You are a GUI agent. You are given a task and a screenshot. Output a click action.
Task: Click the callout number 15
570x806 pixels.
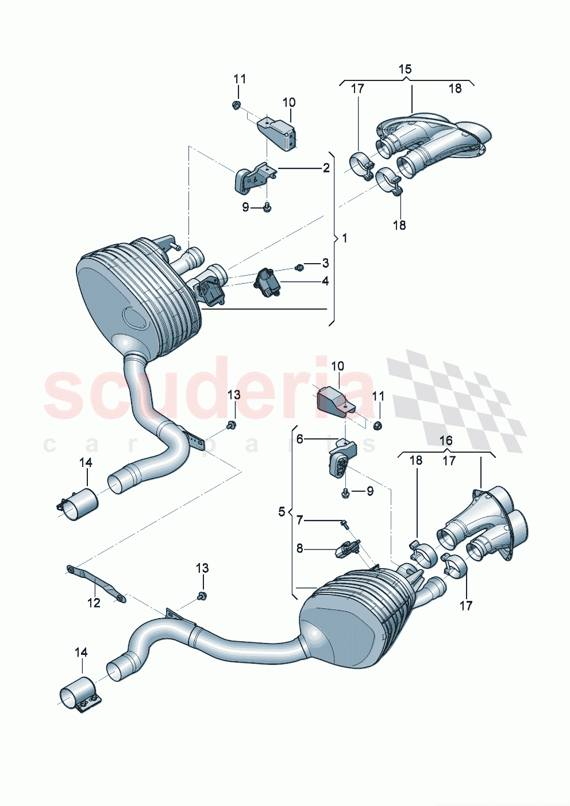[405, 69]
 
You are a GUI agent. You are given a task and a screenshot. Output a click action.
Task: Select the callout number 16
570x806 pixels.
[446, 441]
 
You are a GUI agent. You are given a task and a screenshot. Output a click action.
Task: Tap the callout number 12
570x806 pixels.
[94, 603]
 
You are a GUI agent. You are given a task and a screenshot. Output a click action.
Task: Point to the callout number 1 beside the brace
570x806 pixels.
[344, 238]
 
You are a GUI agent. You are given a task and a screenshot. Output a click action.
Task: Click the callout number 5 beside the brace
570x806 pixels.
[282, 511]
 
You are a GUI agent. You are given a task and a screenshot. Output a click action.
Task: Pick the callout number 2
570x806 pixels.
[326, 168]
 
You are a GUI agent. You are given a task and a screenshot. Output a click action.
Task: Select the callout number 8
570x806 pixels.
[299, 549]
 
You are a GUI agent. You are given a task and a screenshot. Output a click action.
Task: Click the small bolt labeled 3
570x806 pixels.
[299, 267]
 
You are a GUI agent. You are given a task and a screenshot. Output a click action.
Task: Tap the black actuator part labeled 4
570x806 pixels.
[266, 281]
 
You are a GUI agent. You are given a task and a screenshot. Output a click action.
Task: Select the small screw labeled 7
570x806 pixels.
[344, 523]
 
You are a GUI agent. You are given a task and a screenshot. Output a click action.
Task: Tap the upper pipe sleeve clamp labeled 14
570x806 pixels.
[79, 504]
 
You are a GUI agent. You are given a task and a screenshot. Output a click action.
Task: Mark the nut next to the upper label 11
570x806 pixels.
[236, 105]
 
